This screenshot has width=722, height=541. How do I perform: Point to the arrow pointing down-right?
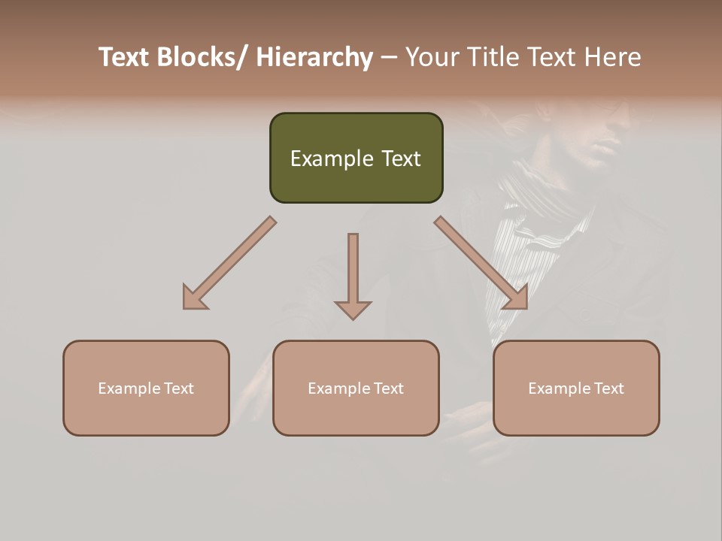[482, 264]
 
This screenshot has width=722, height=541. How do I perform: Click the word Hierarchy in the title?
[314, 57]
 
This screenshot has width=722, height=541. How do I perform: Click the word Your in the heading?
[432, 57]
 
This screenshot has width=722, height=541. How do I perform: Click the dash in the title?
[389, 57]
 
